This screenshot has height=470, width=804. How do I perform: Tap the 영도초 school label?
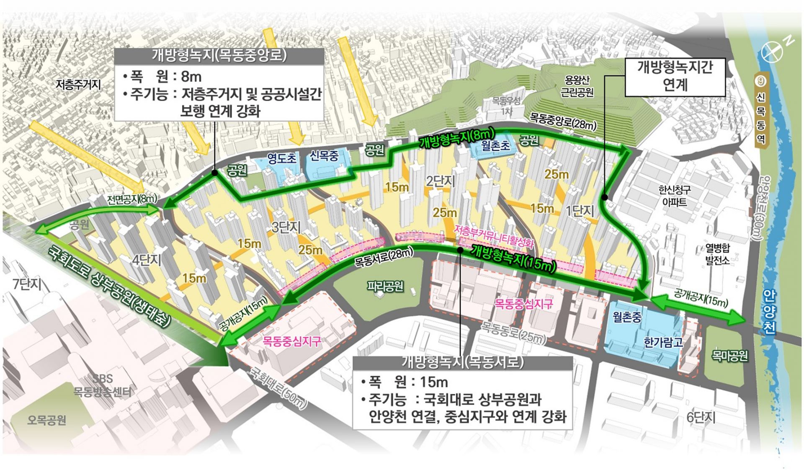(x=281, y=158)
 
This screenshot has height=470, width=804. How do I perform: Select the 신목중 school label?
(x=324, y=156)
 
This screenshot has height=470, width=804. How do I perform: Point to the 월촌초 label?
(x=496, y=145)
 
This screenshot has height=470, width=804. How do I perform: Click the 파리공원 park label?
(x=385, y=287)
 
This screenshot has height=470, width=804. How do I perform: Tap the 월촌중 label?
(x=627, y=317)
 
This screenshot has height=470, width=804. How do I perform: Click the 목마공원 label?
(x=730, y=356)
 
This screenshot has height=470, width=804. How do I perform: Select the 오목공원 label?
(x=47, y=420)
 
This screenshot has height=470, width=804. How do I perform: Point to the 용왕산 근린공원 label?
(x=577, y=86)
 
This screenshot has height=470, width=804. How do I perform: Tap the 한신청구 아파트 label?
(x=675, y=196)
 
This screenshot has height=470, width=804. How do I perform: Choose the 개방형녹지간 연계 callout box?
(x=675, y=76)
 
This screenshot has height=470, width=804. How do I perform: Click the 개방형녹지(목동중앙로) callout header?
(x=219, y=55)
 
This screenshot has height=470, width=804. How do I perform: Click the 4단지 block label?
(x=147, y=260)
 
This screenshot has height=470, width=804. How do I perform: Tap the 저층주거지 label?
(x=78, y=85)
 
